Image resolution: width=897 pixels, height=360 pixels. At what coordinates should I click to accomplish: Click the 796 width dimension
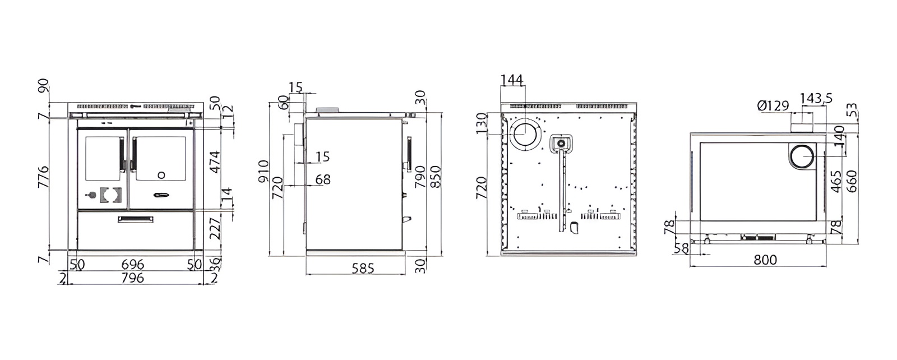[x=132, y=278]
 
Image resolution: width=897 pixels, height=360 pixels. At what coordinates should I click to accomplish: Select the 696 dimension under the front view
[x=132, y=264]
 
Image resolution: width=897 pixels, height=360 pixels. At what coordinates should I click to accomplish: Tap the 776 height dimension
[x=43, y=177]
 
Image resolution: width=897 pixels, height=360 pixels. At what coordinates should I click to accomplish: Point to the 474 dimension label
[x=215, y=162]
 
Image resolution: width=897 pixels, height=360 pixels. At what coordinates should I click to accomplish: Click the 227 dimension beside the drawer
[x=215, y=229]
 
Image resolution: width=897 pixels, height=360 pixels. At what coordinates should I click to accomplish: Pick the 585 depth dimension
[x=363, y=268]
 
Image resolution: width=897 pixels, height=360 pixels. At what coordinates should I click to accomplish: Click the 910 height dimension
[x=263, y=172]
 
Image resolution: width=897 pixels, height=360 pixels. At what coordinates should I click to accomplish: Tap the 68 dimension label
[x=323, y=179]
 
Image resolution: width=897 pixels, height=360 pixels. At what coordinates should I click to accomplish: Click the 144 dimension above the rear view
[x=512, y=80]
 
